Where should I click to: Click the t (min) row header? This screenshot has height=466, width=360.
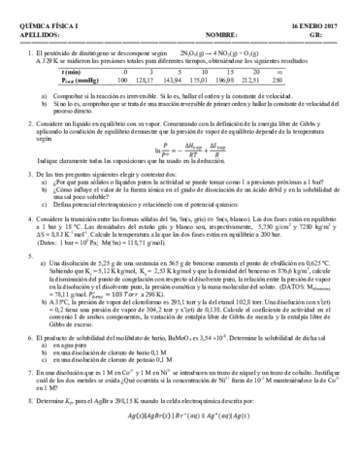69,72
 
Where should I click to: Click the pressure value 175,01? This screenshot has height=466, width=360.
201,80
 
